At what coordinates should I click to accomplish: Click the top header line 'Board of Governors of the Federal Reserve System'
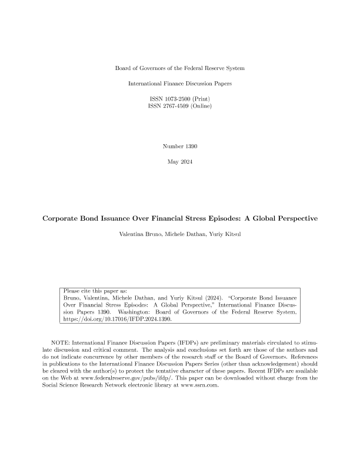180,69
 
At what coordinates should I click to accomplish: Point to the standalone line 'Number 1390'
180,145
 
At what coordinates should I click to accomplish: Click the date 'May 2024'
180,161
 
